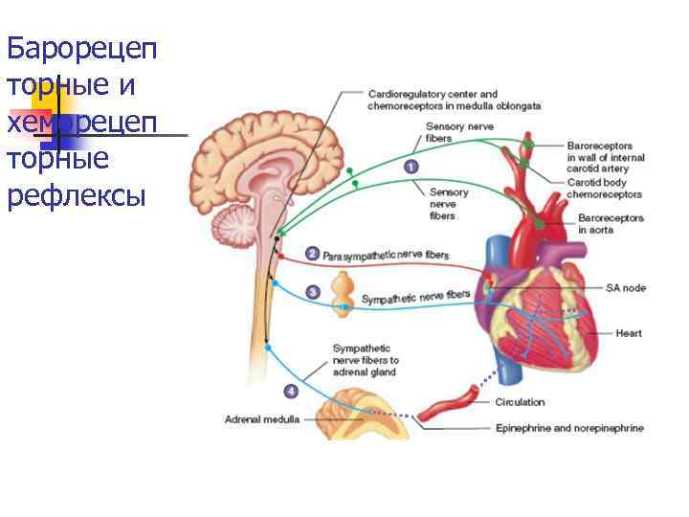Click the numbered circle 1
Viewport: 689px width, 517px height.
[411, 167]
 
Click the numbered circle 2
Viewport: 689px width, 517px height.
[312, 254]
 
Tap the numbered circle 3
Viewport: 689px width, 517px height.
[312, 291]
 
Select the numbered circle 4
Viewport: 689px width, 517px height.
[291, 391]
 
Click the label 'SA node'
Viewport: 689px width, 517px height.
[626, 287]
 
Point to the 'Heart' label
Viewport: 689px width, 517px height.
[629, 333]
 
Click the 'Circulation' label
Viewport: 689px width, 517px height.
[520, 402]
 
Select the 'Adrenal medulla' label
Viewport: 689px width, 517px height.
[261, 419]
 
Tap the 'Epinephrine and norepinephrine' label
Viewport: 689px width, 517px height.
[569, 427]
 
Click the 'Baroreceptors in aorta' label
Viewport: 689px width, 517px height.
[611, 224]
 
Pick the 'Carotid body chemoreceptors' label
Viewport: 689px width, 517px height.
[605, 187]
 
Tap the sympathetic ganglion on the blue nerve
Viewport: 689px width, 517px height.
[344, 294]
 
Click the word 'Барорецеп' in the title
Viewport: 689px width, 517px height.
[81, 48]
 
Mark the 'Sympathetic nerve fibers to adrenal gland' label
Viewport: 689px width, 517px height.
[366, 360]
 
